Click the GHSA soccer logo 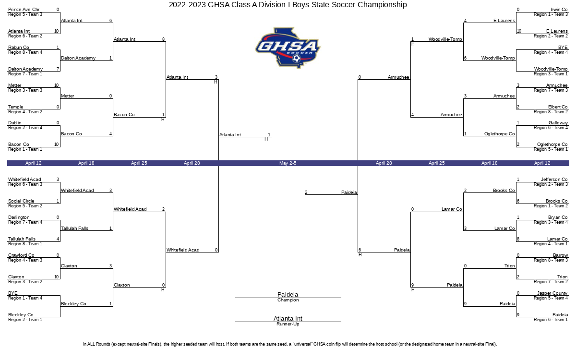[x=288, y=48]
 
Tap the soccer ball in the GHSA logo [x=297, y=59]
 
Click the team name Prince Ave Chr [x=24, y=10]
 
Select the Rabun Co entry [x=19, y=48]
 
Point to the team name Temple [x=16, y=107]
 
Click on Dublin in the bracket [x=15, y=123]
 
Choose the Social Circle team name [x=21, y=201]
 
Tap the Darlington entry [x=19, y=217]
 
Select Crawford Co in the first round [x=21, y=255]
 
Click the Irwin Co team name [x=559, y=10]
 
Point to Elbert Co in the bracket [x=558, y=107]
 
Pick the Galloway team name [x=558, y=123]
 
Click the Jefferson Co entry [x=554, y=179]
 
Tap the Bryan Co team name [x=558, y=217]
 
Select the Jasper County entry [x=552, y=293]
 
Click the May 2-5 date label [x=288, y=163]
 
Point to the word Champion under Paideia [x=288, y=300]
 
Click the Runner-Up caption [x=288, y=324]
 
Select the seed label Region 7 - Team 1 [x=25, y=74]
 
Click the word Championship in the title [x=382, y=5]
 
